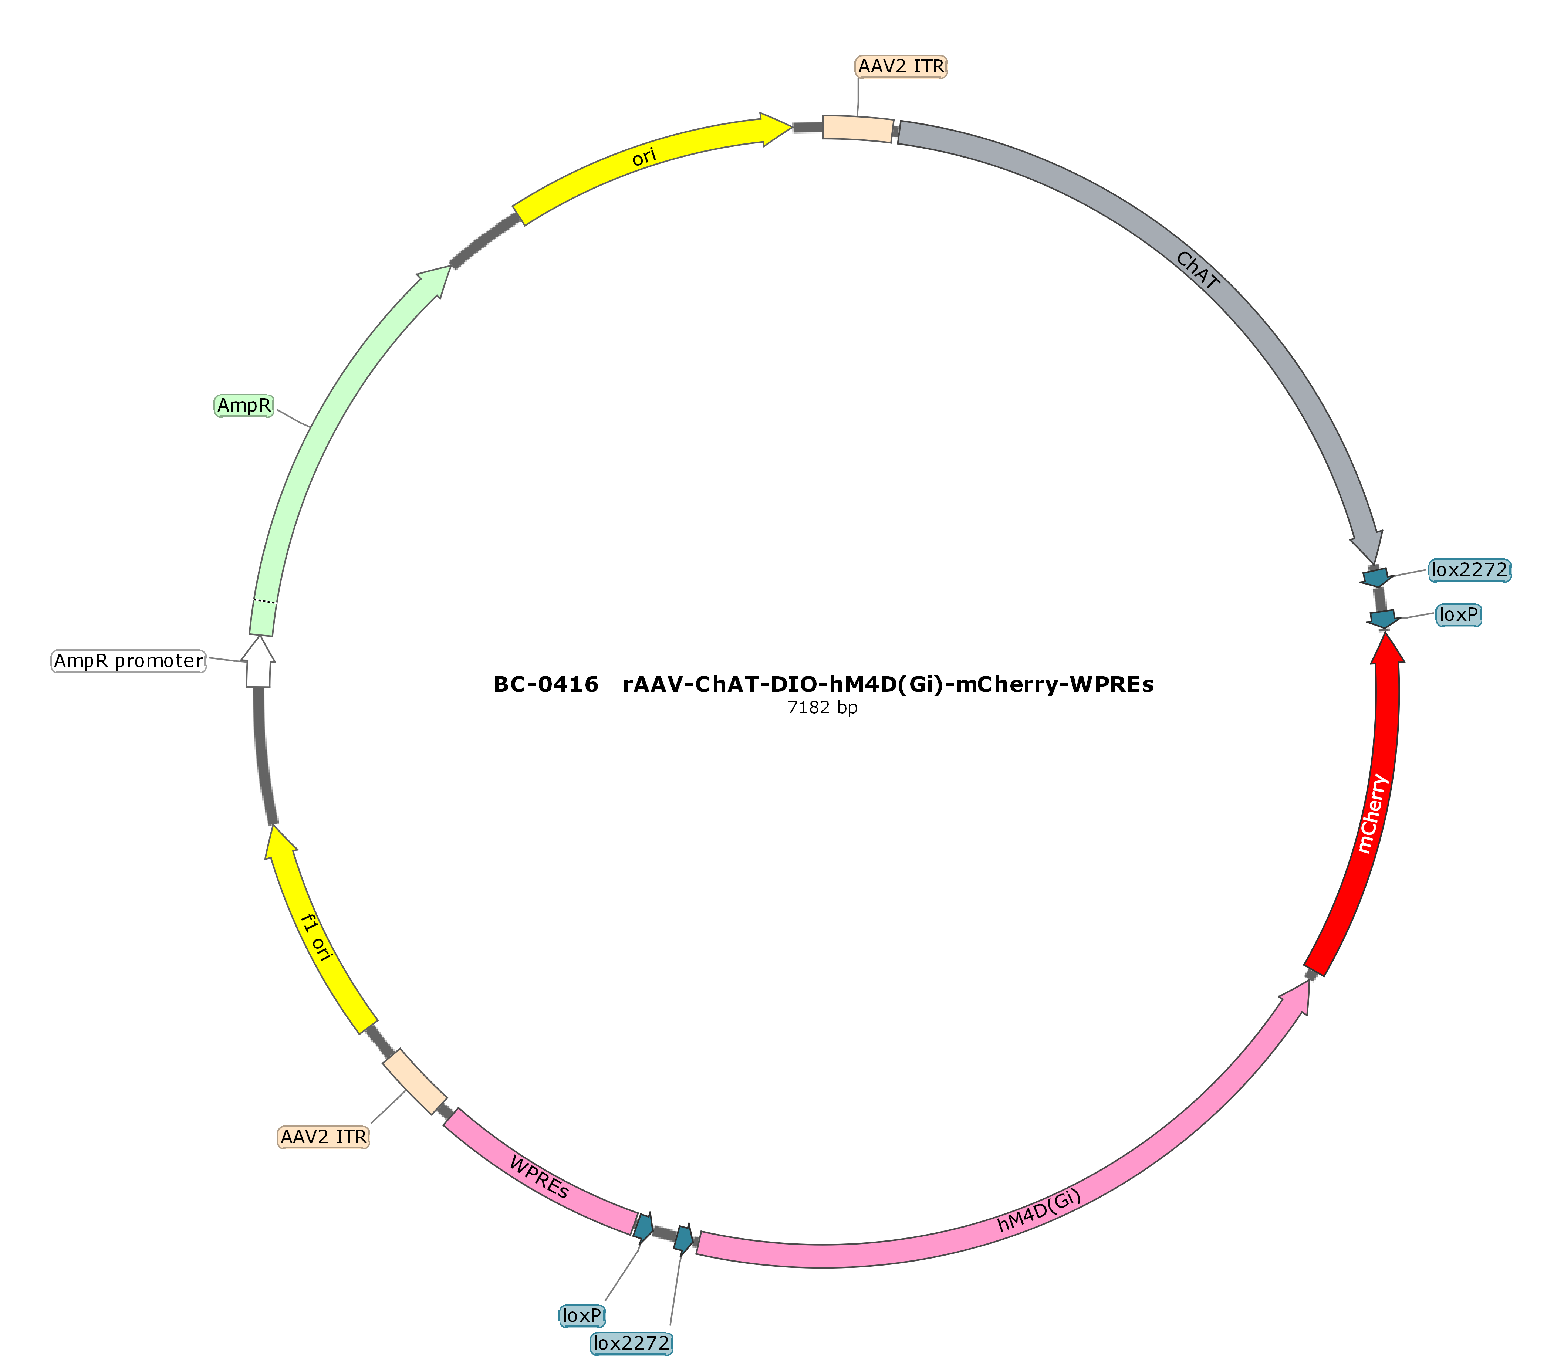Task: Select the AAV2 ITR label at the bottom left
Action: pyautogui.click(x=323, y=1137)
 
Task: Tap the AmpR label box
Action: pyautogui.click(x=244, y=405)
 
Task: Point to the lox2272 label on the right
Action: pyautogui.click(x=1469, y=569)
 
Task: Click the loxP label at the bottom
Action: pyautogui.click(x=582, y=1315)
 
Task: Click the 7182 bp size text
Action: pyautogui.click(x=822, y=708)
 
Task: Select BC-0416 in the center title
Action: pyautogui.click(x=545, y=684)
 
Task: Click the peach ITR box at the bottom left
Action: pyautogui.click(x=414, y=1082)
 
